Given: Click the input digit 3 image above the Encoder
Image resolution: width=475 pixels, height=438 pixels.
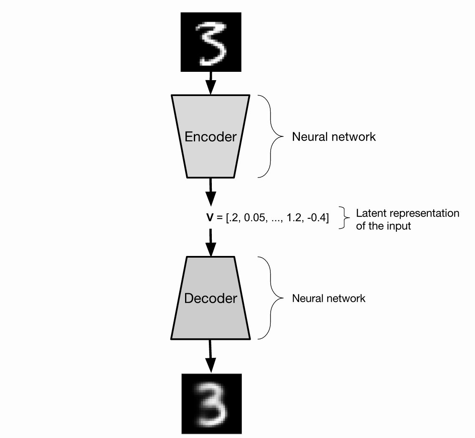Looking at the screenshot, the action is [211, 42].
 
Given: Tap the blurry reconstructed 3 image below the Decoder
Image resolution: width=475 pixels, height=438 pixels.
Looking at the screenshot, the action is [211, 404].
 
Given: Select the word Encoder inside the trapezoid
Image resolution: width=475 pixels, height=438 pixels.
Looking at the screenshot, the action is [211, 137].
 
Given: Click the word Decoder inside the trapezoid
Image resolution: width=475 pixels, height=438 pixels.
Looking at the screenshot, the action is [211, 299].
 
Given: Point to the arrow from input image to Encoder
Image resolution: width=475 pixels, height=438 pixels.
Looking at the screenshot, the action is [211, 83].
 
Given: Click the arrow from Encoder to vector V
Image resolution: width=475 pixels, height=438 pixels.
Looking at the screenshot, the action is [211, 192].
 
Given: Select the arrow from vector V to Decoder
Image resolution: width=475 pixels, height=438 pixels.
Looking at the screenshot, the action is [211, 243].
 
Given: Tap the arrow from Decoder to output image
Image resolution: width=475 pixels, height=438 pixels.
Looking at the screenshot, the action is [211, 356].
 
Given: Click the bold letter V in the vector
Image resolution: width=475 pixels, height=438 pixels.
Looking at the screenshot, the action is [210, 218].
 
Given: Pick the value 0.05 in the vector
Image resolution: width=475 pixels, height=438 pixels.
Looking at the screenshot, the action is [254, 218].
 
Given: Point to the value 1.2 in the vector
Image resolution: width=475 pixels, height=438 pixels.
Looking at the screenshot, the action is [294, 218].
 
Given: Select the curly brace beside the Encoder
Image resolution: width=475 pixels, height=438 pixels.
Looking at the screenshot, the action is [271, 137].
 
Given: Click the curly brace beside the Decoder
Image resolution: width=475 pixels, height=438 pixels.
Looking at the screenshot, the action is [271, 298].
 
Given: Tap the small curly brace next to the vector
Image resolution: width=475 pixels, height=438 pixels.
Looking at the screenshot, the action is [344, 218].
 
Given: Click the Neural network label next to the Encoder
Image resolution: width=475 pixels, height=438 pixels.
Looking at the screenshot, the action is [334, 137].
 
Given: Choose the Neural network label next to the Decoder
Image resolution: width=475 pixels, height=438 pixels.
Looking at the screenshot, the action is [329, 299].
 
